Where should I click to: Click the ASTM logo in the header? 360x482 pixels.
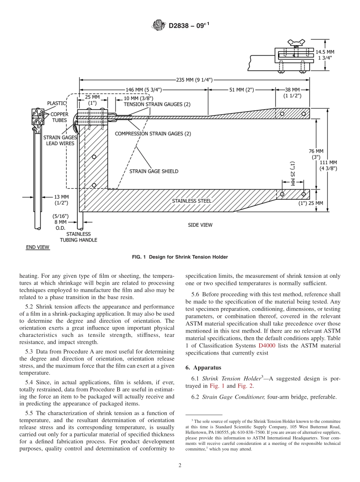point(159,25)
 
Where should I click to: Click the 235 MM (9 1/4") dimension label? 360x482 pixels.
point(194,80)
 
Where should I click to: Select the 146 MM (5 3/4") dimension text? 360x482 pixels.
point(144,90)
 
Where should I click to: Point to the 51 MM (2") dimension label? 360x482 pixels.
point(241,90)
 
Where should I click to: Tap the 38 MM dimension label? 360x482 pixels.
point(293,92)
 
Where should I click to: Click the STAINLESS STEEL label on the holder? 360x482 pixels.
point(192,201)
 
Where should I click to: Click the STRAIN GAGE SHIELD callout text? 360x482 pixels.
point(154,171)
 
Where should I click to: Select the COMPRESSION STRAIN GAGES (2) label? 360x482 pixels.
point(153,134)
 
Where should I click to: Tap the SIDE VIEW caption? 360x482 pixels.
point(200,225)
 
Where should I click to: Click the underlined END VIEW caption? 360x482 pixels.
point(38,247)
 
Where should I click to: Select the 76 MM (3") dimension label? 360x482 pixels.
point(316,153)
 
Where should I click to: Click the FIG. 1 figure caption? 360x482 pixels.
point(180,257)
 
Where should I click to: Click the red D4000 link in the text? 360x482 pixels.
point(267,346)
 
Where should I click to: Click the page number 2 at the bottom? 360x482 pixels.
point(180,466)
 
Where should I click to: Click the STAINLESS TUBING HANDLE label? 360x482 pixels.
point(78,237)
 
